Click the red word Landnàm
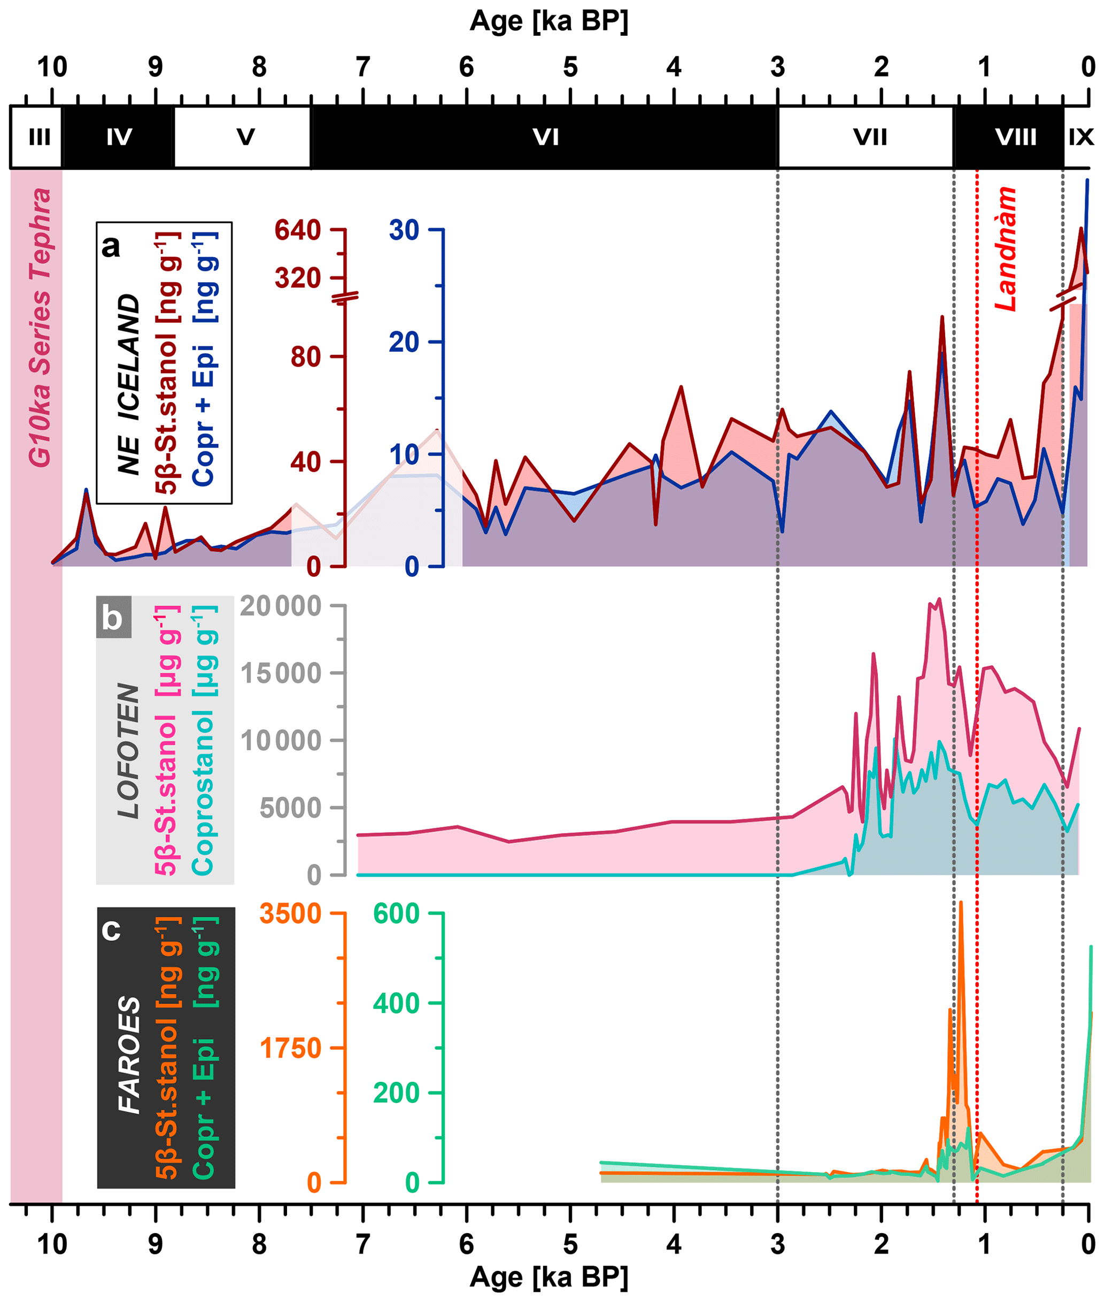pyautogui.click(x=1006, y=249)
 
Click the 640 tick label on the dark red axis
pyautogui.click(x=298, y=230)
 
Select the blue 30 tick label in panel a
pyautogui.click(x=404, y=230)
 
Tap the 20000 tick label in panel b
pyautogui.click(x=281, y=606)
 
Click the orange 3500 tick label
pyautogui.click(x=291, y=914)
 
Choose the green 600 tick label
pyautogui.click(x=396, y=914)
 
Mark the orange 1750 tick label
pyautogui.click(x=291, y=1048)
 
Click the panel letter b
pyautogui.click(x=113, y=618)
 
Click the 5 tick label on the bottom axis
pyautogui.click(x=570, y=1244)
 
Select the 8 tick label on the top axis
pyautogui.click(x=259, y=67)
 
